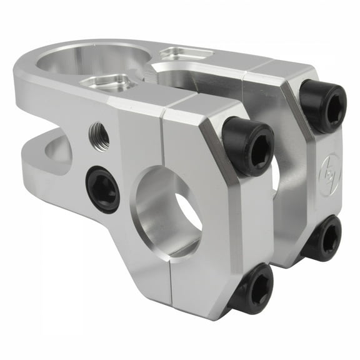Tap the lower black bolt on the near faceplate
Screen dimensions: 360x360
[251, 289]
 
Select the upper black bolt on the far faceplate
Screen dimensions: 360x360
[322, 105]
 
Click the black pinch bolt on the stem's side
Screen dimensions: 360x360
[102, 189]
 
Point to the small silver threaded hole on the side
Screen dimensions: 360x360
[99, 132]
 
